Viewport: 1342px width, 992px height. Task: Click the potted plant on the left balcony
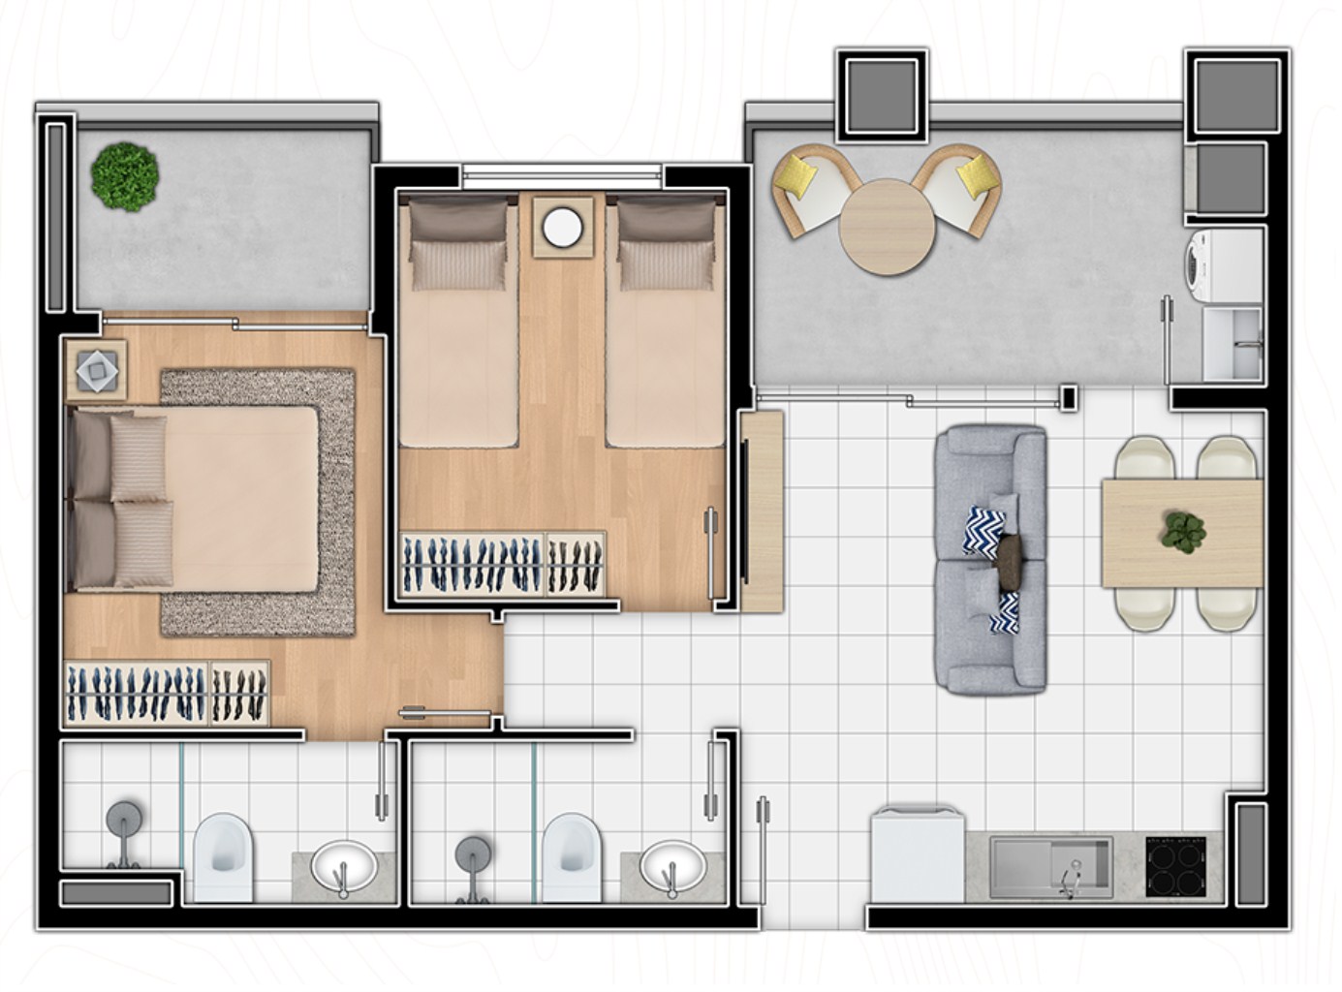click(125, 177)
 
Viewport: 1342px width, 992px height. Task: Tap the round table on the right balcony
click(887, 227)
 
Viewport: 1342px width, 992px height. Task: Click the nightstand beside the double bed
click(96, 369)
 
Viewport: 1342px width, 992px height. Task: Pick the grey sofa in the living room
click(990, 560)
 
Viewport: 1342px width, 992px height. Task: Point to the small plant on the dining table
click(1184, 530)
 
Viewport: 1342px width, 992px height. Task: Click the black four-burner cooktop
click(1175, 865)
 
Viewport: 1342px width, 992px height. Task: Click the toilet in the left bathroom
click(223, 857)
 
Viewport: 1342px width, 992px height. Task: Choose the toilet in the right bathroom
click(571, 857)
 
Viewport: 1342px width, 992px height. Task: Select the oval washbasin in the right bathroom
click(672, 865)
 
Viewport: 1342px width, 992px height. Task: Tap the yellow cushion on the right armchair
click(979, 176)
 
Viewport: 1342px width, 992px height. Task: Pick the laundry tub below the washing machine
click(1233, 344)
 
